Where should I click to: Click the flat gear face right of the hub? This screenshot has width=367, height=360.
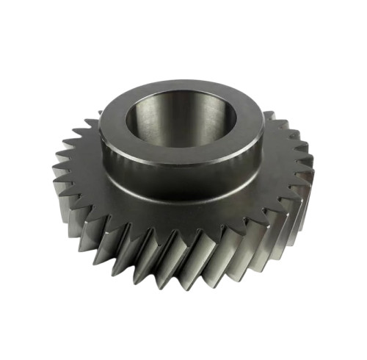click(283, 173)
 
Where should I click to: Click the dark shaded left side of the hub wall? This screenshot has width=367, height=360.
click(110, 158)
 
